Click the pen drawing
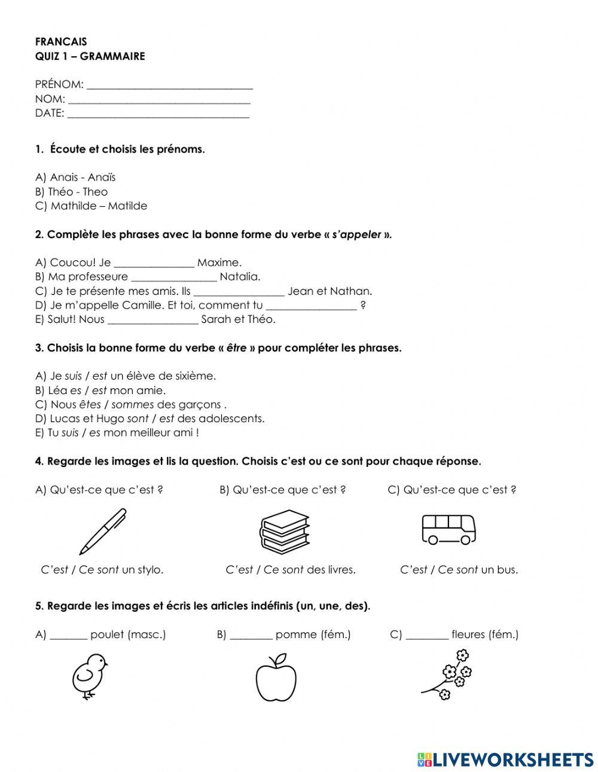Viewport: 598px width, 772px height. pyautogui.click(x=103, y=531)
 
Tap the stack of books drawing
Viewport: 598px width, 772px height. pyautogui.click(x=285, y=531)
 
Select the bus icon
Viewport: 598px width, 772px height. pyautogui.click(x=448, y=529)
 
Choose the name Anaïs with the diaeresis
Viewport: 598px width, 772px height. pyautogui.click(x=102, y=178)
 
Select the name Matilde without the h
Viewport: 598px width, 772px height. pyautogui.click(x=127, y=206)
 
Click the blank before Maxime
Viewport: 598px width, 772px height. pyautogui.click(x=154, y=263)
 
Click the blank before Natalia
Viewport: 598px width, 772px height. pyautogui.click(x=173, y=277)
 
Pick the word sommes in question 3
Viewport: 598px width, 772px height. pyautogui.click(x=133, y=405)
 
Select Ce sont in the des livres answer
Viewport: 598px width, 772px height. pyautogui.click(x=283, y=570)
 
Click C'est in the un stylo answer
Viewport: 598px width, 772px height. pyautogui.click(x=54, y=570)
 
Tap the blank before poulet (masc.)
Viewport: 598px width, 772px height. pyautogui.click(x=68, y=635)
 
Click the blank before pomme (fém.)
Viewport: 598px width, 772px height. pyautogui.click(x=251, y=635)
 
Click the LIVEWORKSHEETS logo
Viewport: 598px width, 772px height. pyautogui.click(x=505, y=759)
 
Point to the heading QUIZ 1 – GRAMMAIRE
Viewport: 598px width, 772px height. pyautogui.click(x=90, y=56)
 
